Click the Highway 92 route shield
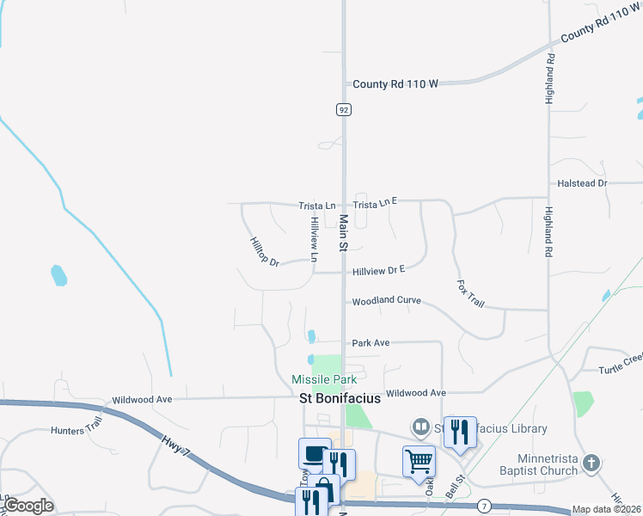344,109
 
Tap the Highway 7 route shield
485,505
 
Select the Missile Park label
324,379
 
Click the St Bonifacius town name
340,398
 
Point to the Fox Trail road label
471,293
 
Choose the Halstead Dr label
583,184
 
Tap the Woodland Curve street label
386,301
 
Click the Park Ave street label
370,343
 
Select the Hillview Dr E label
378,271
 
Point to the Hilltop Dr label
264,251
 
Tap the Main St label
342,233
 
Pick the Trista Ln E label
376,202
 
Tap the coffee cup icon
315,452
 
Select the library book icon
420,427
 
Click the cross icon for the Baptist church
590,464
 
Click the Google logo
28,506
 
